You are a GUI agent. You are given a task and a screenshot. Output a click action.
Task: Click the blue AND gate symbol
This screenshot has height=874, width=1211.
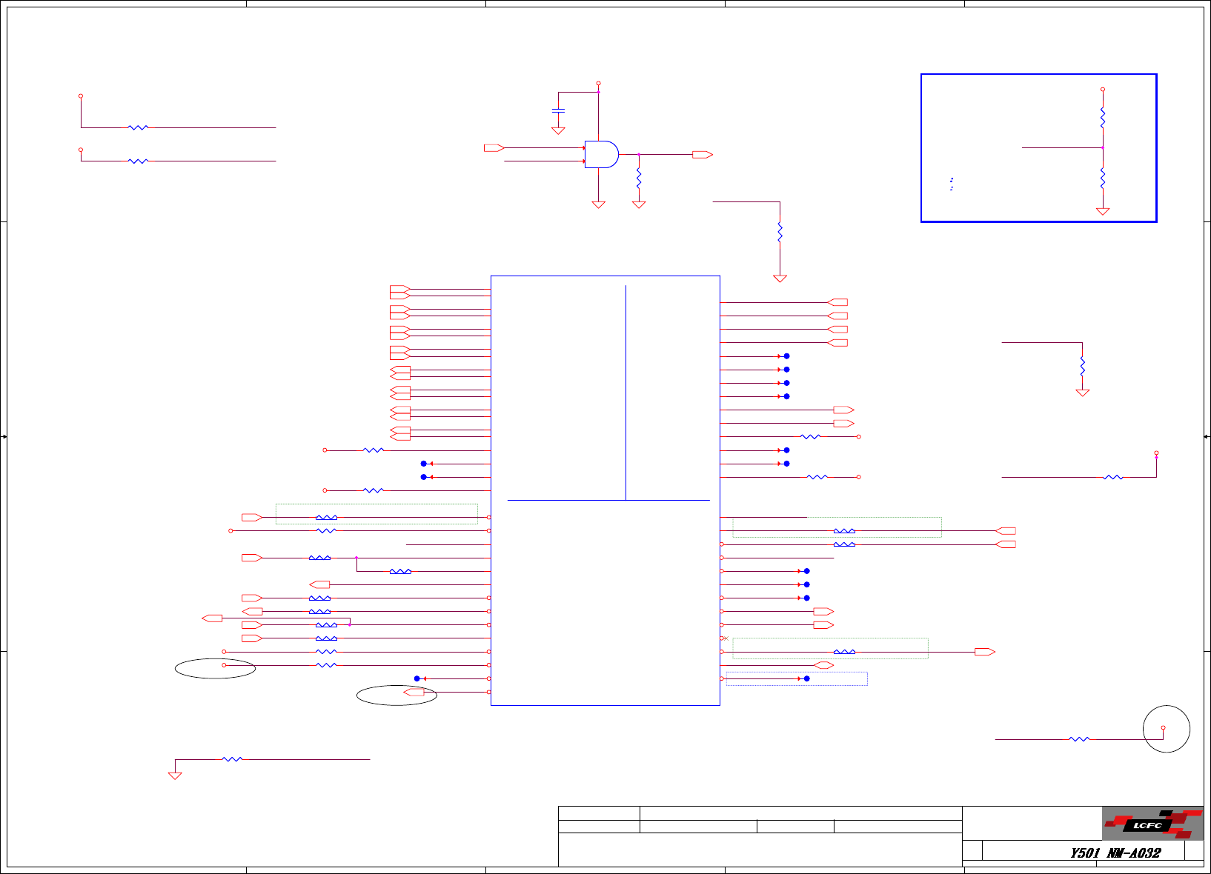pos(601,154)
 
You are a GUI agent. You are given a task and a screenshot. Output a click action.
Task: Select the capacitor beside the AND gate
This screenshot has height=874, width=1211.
pos(558,110)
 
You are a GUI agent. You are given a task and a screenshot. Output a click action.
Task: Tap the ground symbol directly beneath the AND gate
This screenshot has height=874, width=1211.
pos(599,204)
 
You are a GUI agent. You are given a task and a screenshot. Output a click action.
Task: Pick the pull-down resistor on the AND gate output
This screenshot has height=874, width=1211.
pos(639,179)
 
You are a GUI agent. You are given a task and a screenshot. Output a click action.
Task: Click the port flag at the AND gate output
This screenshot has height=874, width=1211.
pos(702,155)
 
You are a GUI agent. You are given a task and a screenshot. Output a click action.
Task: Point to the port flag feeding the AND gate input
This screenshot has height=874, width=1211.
pos(494,148)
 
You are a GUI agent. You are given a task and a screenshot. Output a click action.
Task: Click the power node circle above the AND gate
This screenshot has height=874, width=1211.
pos(598,84)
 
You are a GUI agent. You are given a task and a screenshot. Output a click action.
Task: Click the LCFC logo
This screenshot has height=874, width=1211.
pos(1152,824)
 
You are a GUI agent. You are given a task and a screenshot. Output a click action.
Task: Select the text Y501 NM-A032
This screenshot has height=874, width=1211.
pos(1115,853)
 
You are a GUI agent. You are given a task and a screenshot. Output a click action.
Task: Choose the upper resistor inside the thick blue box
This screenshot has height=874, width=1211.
pos(1103,117)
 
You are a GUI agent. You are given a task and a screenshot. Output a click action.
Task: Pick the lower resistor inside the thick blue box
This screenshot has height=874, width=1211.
pos(1103,178)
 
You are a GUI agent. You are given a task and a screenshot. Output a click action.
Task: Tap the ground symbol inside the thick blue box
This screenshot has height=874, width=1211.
pos(1103,211)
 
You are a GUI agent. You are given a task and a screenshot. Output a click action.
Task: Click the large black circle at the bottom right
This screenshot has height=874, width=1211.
pos(1167,729)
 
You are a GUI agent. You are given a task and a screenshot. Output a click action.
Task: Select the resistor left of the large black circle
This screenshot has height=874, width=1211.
pos(1079,739)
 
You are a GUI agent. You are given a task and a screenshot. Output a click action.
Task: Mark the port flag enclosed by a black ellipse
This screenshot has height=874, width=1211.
pos(414,692)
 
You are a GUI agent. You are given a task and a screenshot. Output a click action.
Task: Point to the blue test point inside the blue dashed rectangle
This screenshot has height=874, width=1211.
pos(806,678)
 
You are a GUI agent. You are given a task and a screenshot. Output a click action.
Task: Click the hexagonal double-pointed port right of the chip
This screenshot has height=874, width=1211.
pos(823,665)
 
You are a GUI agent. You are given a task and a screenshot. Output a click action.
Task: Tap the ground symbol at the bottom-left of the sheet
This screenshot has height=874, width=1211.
pos(175,775)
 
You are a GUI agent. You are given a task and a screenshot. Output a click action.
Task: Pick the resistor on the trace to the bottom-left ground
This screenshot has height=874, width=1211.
pos(232,759)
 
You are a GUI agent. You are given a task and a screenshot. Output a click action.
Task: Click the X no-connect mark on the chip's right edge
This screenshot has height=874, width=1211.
pos(725,638)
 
